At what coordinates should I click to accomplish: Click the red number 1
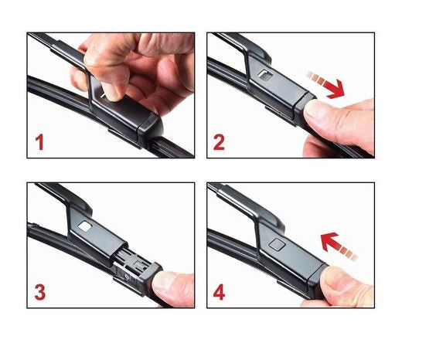click(x=39, y=142)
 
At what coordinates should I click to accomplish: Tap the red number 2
click(x=219, y=142)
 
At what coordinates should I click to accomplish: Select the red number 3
click(x=40, y=293)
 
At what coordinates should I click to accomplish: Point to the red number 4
click(x=219, y=293)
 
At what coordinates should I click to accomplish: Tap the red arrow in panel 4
click(x=339, y=246)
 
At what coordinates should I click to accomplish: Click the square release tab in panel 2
click(x=266, y=74)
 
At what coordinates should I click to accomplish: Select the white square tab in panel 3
click(x=86, y=226)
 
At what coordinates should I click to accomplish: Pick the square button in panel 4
click(x=277, y=243)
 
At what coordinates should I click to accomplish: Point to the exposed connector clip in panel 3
click(x=134, y=263)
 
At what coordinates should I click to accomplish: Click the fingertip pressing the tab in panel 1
click(x=112, y=92)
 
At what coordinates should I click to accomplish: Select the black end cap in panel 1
click(x=150, y=127)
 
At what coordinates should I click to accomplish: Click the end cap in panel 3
click(x=151, y=279)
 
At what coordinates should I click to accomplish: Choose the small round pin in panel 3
click(x=127, y=277)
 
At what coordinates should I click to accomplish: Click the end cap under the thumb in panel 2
click(x=303, y=108)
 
